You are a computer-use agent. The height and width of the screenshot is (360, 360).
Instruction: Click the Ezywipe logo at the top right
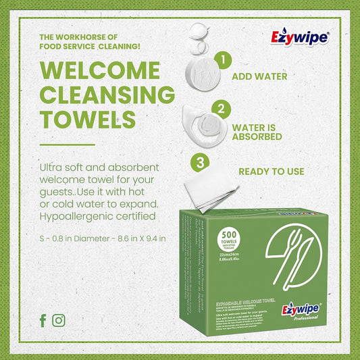[299, 38]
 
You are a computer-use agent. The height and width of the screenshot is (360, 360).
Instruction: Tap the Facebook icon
[43, 321]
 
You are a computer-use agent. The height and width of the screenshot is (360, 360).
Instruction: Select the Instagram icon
[59, 321]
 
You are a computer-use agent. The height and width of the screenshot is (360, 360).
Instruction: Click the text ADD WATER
[259, 76]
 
